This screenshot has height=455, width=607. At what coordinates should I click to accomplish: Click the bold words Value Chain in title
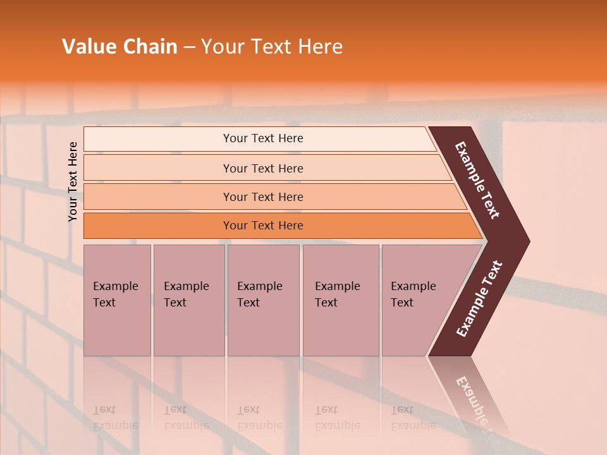(x=120, y=47)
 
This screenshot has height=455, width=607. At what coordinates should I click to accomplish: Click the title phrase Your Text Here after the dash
(x=272, y=47)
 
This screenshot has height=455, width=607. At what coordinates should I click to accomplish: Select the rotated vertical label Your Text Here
(x=73, y=181)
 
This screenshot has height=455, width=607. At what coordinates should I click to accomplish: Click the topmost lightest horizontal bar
(x=158, y=139)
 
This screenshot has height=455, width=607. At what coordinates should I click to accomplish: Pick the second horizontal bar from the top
(x=158, y=168)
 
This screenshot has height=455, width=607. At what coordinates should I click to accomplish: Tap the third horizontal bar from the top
(x=158, y=197)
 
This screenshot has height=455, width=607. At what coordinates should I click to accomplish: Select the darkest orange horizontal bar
(x=158, y=226)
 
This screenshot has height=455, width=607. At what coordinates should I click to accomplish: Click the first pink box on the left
(x=117, y=329)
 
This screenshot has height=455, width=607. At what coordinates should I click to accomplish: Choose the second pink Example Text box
(x=188, y=329)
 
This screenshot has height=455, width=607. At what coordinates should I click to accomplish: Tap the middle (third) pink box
(x=263, y=329)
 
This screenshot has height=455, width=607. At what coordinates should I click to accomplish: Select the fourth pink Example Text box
(x=340, y=329)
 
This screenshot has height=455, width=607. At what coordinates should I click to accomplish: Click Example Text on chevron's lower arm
(x=479, y=298)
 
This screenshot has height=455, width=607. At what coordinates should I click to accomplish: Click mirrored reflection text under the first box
(x=115, y=418)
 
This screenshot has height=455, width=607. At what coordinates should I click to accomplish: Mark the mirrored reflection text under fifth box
(x=413, y=418)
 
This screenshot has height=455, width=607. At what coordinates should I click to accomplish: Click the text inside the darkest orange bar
(x=263, y=226)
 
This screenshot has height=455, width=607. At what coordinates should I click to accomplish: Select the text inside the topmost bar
(x=263, y=138)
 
